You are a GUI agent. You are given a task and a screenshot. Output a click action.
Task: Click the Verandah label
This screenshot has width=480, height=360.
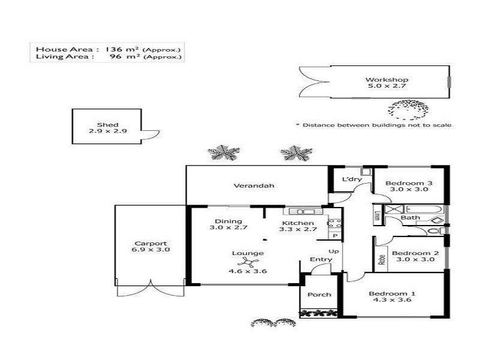click(x=254, y=186)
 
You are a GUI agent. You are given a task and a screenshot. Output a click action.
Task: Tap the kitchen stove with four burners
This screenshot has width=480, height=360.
click(x=334, y=225)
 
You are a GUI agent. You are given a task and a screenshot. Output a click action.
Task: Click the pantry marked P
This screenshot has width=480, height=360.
click(x=334, y=236)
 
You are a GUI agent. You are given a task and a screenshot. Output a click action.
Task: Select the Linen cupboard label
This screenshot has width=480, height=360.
click(x=377, y=216)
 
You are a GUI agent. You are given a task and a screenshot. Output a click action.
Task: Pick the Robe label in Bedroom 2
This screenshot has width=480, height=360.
click(x=381, y=260)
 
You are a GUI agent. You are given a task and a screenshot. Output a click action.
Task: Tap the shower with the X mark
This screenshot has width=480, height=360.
click(x=394, y=209)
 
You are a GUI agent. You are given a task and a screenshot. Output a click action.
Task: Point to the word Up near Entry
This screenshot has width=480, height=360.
click(x=334, y=251)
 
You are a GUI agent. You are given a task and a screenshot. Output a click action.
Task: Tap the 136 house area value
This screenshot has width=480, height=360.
click(x=114, y=49)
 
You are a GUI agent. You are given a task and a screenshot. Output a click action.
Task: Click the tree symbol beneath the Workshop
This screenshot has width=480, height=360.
click(x=408, y=110)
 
